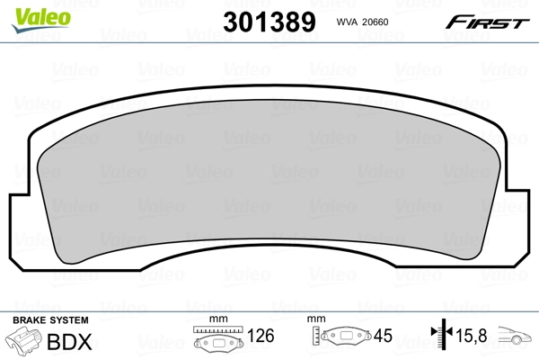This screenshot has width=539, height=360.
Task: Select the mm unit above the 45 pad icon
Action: click(x=317, y=319)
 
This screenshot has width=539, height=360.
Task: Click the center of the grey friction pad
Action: click(x=269, y=180)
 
